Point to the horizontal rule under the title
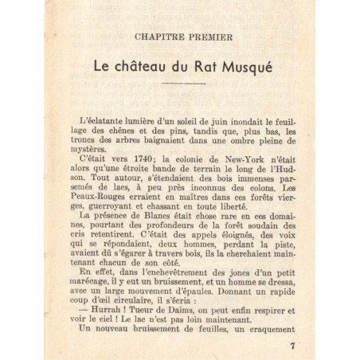click(x=185, y=85)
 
